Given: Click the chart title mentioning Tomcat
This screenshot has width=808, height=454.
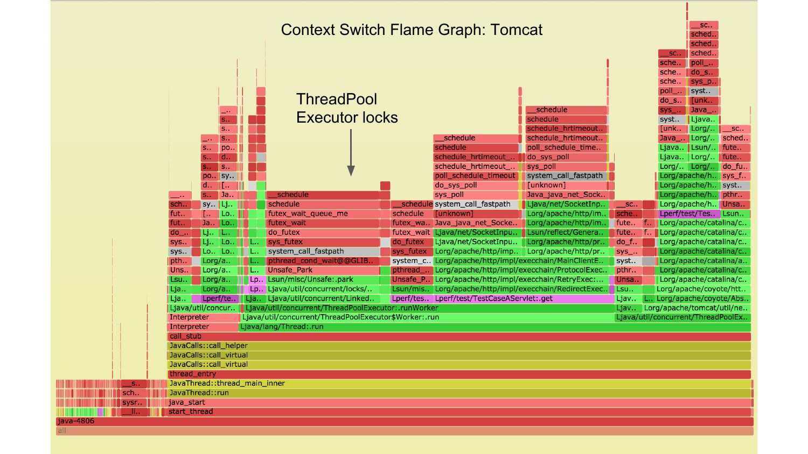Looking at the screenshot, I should [x=412, y=30].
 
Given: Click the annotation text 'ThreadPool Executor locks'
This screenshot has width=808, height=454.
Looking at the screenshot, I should [x=347, y=108].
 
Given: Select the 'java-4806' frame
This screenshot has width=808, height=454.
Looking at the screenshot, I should [x=404, y=421].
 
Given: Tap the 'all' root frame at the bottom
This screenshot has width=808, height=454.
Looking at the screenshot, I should [x=404, y=431].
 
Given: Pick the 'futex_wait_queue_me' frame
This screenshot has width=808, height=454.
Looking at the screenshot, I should [x=323, y=214].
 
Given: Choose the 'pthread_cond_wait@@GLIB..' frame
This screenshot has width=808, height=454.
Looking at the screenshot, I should [x=323, y=261].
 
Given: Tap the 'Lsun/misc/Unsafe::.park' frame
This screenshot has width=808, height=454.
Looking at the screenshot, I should [x=323, y=280].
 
